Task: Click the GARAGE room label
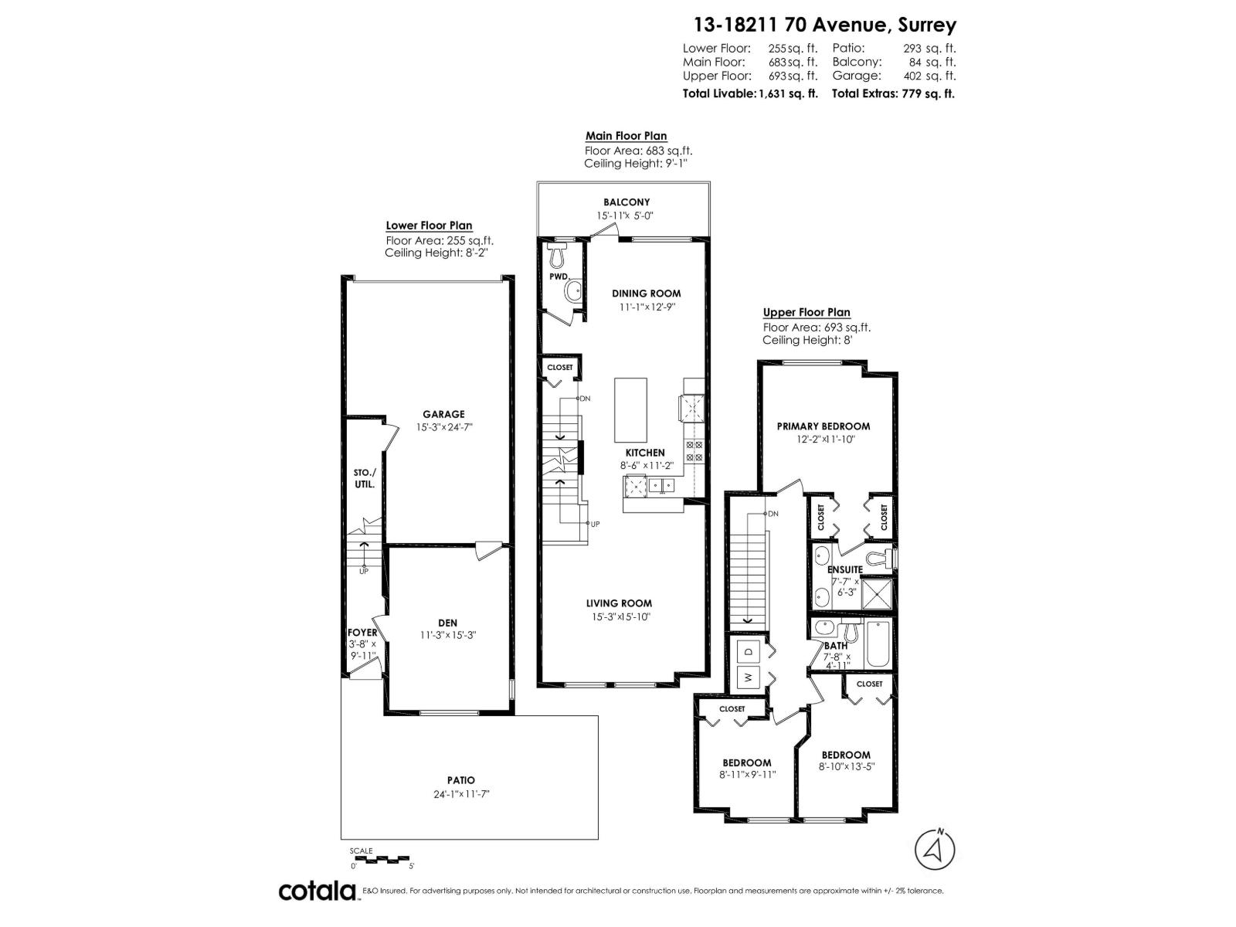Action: click(x=443, y=415)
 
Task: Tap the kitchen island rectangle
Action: click(x=630, y=409)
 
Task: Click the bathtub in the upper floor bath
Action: click(x=878, y=644)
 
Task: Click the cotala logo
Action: click(x=317, y=891)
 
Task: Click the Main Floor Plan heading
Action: click(x=626, y=136)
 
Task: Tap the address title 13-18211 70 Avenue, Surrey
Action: click(x=825, y=25)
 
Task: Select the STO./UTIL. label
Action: click(x=365, y=478)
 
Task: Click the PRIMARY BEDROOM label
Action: click(x=823, y=426)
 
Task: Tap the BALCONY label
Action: click(x=626, y=202)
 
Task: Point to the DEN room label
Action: click(x=447, y=623)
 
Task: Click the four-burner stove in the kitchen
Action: click(x=694, y=450)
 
